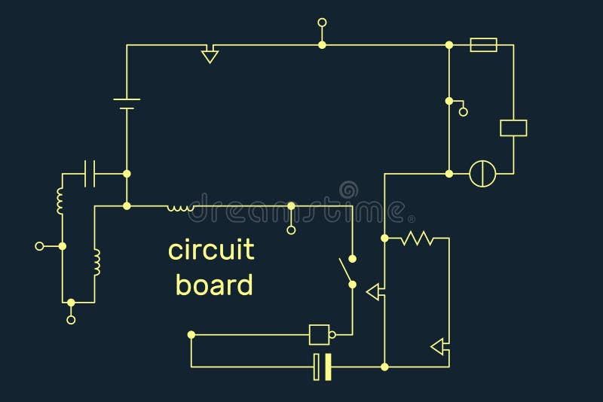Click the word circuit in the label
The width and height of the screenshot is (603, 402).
click(211, 250)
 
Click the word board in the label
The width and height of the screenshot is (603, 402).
click(214, 285)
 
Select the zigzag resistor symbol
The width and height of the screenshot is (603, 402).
click(416, 238)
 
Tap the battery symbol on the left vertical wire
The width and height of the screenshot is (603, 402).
click(127, 104)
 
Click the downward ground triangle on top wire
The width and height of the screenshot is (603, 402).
click(210, 55)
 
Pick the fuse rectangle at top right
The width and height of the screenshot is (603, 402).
click(483, 45)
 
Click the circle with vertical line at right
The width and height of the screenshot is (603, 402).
click(482, 173)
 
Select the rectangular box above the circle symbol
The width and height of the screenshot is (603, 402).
click(513, 128)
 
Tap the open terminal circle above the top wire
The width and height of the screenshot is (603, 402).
click(322, 23)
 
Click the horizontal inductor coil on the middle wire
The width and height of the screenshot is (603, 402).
click(180, 206)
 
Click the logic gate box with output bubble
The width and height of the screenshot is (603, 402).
click(321, 333)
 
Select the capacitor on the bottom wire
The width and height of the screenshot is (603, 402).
click(323, 367)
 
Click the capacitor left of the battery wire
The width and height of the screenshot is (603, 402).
click(90, 173)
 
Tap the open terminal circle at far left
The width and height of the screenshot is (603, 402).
click(40, 245)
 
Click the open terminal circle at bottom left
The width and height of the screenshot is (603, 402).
click(71, 319)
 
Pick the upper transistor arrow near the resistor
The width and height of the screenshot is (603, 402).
click(374, 292)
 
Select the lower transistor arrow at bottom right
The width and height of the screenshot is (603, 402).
click(438, 346)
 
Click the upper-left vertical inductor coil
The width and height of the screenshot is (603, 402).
click(60, 200)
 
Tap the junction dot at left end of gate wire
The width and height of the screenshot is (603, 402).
click(191, 334)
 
